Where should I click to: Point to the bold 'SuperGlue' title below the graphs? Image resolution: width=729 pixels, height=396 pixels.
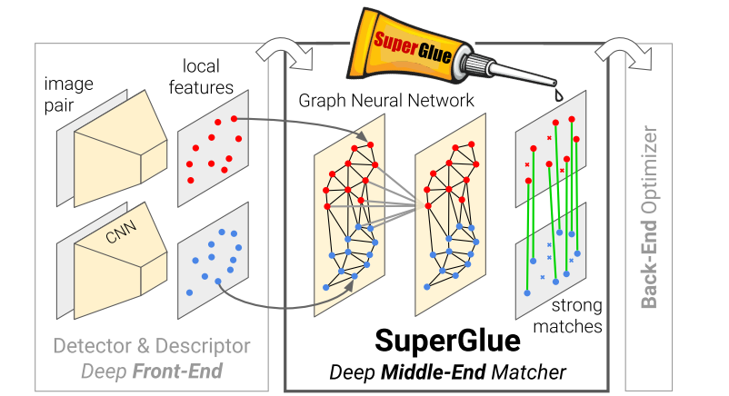[448, 341]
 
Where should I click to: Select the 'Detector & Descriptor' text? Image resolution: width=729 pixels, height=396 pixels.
[151, 346]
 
